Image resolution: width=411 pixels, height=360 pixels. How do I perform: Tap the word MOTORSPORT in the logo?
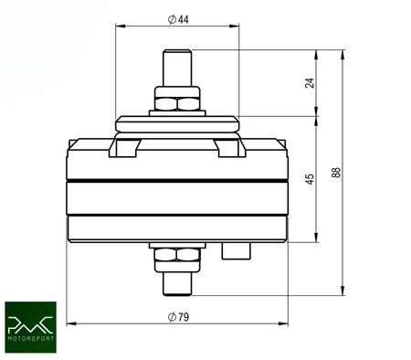31,341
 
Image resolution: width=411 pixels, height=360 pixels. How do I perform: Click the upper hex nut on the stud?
177,100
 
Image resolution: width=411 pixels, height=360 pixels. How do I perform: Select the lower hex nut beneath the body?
177,259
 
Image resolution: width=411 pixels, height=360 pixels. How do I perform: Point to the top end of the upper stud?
177,52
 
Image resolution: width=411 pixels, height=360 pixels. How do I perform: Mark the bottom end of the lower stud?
177,293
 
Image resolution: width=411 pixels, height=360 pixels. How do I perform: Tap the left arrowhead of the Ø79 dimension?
72,323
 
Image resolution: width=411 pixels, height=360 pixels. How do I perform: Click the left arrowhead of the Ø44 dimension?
119,25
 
